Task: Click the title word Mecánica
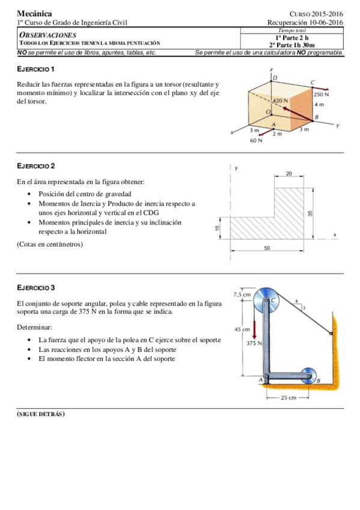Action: click(x=34, y=13)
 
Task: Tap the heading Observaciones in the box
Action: click(x=48, y=35)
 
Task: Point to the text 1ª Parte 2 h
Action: click(x=291, y=37)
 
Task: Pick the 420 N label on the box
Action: click(x=281, y=100)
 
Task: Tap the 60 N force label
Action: click(x=256, y=141)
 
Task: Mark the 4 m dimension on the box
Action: click(x=319, y=105)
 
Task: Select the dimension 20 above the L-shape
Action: click(x=289, y=173)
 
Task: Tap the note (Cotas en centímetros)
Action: click(x=50, y=244)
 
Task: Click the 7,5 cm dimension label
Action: click(x=242, y=295)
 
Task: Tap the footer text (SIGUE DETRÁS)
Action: click(x=41, y=414)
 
